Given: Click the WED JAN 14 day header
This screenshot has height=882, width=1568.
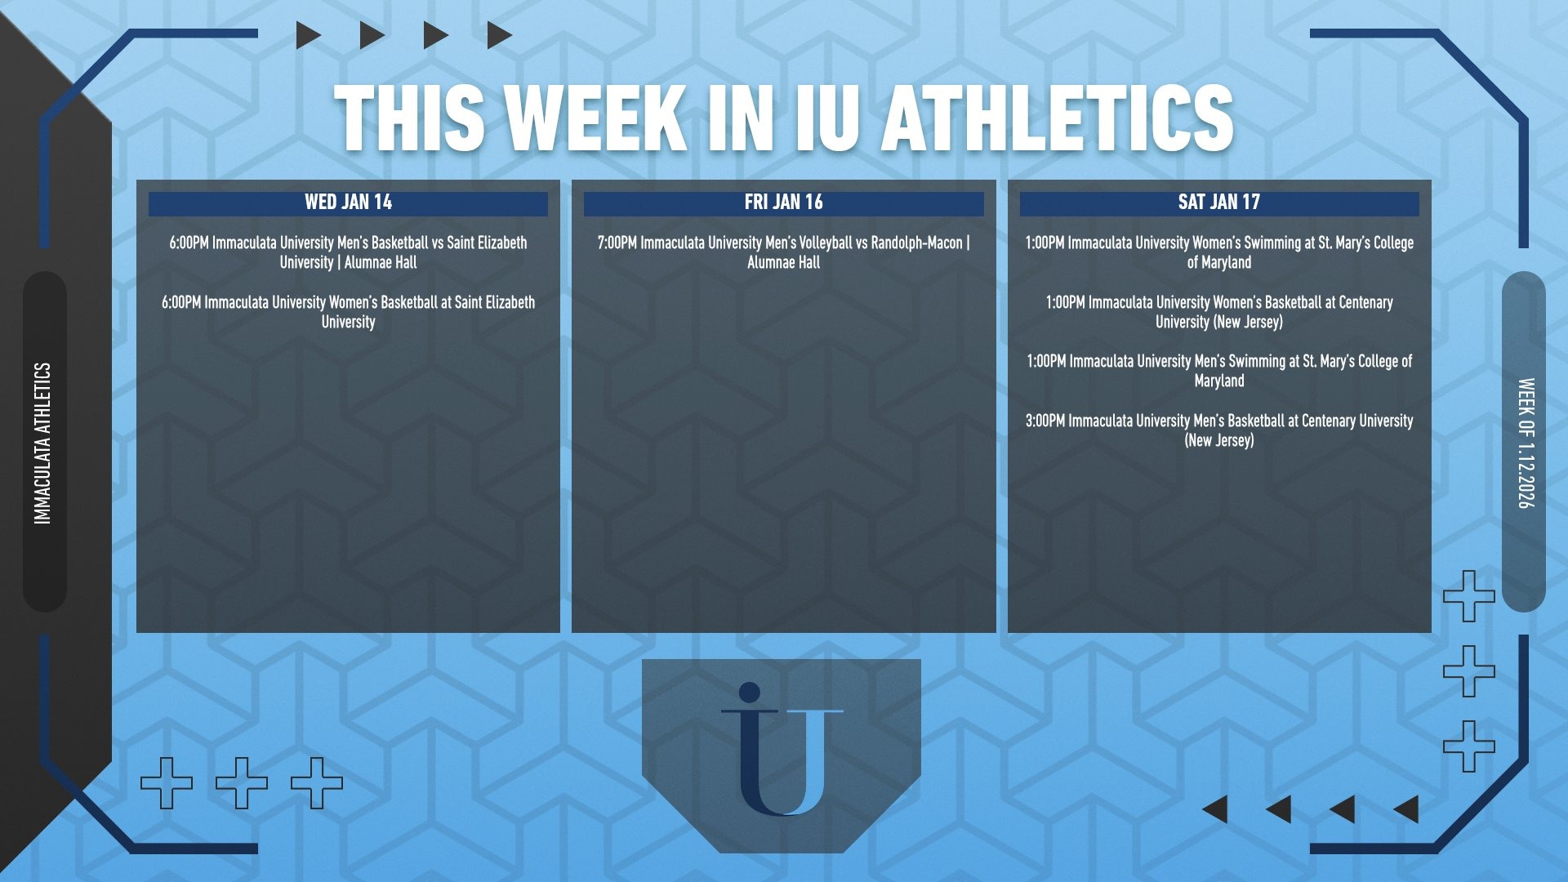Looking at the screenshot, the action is coord(348,203).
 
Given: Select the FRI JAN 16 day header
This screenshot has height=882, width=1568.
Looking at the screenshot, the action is coord(783,203).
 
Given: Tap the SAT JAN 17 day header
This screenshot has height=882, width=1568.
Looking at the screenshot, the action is coord(1218,203).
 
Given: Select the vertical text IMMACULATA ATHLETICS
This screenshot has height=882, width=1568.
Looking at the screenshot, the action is coord(42,443).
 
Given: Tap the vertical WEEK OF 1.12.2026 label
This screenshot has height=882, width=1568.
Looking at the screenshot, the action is coord(1526,443).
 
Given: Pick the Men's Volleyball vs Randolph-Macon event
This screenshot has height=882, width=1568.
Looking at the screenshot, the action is coord(783,252).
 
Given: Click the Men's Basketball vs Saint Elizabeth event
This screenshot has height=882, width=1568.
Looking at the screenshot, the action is coord(348,252).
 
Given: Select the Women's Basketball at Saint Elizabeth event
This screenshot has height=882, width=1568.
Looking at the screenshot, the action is coord(348,312).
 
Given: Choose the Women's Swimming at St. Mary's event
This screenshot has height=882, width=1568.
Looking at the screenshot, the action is coord(1219,252).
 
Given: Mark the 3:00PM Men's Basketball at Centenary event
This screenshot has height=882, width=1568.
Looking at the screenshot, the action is coord(1219,430).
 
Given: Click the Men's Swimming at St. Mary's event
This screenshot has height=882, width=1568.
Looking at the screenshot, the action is coord(1219,371).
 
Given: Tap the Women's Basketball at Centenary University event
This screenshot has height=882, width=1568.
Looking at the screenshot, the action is coord(1219,312).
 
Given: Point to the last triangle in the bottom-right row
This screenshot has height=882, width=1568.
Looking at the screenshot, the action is coord(1407,809).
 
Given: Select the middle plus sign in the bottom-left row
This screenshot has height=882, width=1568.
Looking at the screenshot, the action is coord(242,783).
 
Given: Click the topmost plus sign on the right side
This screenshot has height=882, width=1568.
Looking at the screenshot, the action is coord(1469,596).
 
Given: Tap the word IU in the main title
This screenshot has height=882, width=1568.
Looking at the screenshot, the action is coord(826,118).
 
